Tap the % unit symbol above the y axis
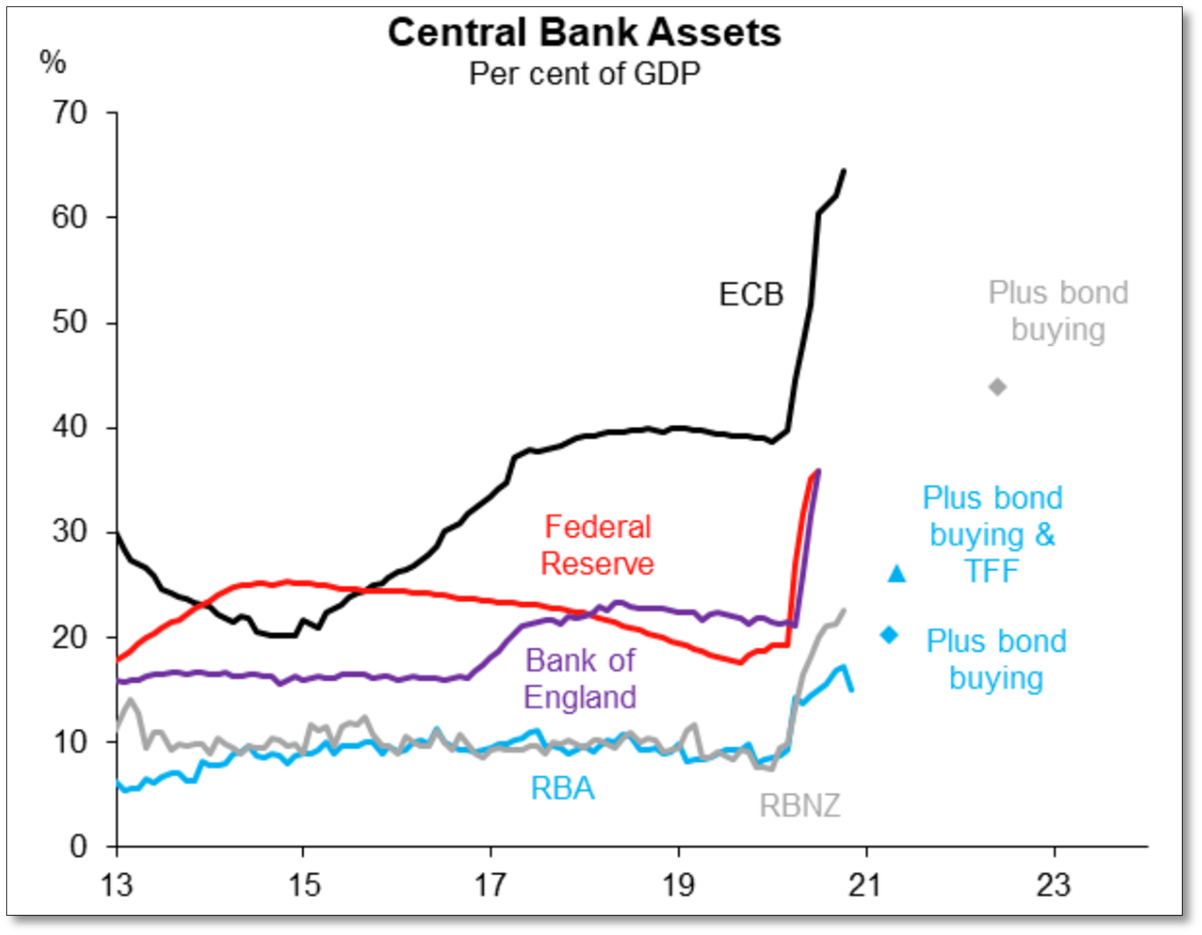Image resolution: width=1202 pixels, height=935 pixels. [x=52, y=62]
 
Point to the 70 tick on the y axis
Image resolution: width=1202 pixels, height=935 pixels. [x=70, y=114]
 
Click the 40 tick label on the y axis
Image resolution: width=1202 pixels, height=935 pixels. [x=70, y=428]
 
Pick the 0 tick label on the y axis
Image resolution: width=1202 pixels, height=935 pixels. [x=78, y=847]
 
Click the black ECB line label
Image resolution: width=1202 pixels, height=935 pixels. [x=751, y=294]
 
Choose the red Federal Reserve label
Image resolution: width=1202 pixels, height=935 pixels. [x=598, y=545]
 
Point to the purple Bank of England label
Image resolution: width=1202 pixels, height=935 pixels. [x=580, y=679]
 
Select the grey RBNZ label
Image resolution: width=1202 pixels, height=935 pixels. [x=800, y=806]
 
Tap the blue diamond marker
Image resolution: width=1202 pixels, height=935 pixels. [x=889, y=635]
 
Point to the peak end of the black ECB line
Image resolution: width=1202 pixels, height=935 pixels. [x=844, y=170]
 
